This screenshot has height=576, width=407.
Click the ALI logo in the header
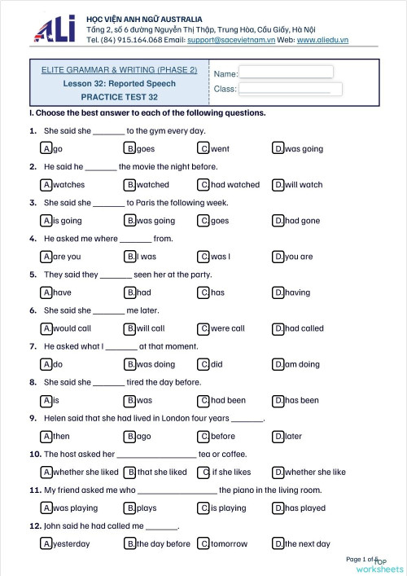pos(54,29)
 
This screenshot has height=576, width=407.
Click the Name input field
pos(286,72)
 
